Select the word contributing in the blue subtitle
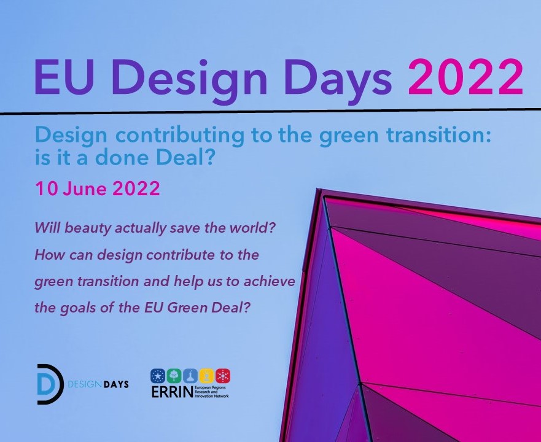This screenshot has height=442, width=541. (179, 136)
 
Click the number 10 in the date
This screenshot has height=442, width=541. (46, 188)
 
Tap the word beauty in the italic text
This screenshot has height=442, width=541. (89, 228)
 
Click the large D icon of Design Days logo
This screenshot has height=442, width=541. (49, 384)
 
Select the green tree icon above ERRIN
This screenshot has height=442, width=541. (174, 376)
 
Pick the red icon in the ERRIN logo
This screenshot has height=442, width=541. (224, 376)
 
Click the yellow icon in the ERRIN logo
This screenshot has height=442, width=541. (207, 376)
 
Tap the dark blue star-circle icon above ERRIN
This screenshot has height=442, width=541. (158, 376)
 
